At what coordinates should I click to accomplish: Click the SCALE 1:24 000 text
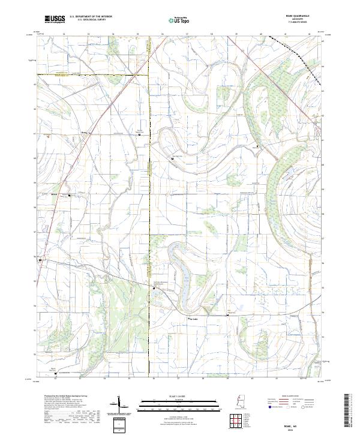159,395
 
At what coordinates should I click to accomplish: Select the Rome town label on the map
84,133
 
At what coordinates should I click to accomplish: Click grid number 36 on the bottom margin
154,379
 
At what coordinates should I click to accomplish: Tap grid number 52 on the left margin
34,355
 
